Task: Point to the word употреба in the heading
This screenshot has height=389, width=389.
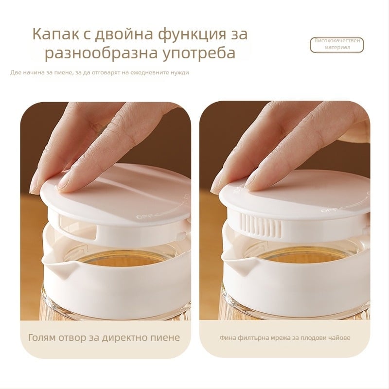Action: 199,53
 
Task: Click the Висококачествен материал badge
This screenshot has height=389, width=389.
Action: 337,45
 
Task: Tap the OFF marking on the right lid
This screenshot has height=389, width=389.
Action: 327,211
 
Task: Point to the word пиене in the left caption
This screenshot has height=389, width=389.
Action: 168,338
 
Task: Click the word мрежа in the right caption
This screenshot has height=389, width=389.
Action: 280,338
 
